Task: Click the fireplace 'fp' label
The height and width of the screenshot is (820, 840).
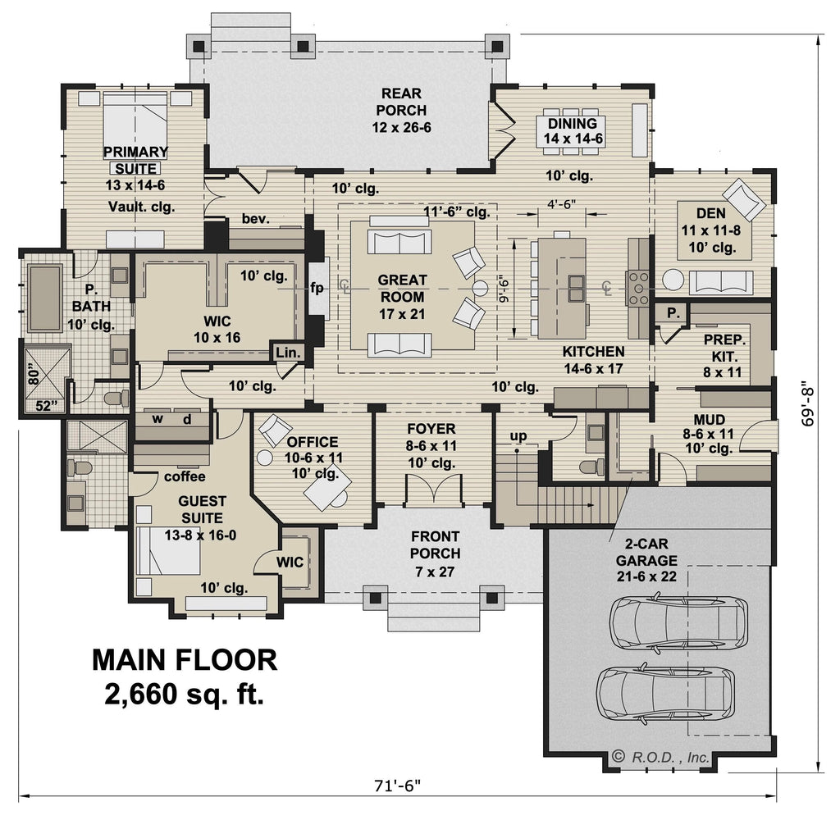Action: pyautogui.click(x=317, y=288)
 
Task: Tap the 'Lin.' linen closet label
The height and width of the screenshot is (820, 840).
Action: pyautogui.click(x=288, y=353)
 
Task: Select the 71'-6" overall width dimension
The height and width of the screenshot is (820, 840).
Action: pyautogui.click(x=398, y=786)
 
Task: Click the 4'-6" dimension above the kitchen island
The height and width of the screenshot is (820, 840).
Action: pyautogui.click(x=561, y=203)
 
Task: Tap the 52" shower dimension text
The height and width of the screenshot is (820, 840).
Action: pyautogui.click(x=46, y=406)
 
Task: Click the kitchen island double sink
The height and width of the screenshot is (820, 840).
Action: pyautogui.click(x=576, y=288)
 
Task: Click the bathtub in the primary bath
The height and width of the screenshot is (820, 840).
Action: pyautogui.click(x=45, y=298)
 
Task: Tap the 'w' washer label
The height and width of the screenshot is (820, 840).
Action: pyautogui.click(x=157, y=418)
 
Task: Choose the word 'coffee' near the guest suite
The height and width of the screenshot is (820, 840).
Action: pyautogui.click(x=185, y=476)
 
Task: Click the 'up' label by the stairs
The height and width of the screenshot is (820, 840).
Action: pyautogui.click(x=518, y=436)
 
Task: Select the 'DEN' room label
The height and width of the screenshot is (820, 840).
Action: pyautogui.click(x=711, y=213)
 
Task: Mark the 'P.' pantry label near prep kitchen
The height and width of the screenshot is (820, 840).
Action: pyautogui.click(x=673, y=312)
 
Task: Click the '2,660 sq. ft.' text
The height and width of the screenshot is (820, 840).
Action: pyautogui.click(x=185, y=695)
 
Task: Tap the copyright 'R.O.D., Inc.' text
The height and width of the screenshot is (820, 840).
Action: pyautogui.click(x=662, y=757)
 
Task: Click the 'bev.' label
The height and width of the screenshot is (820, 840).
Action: pyautogui.click(x=256, y=218)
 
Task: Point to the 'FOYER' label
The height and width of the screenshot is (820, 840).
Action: pyautogui.click(x=431, y=429)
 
